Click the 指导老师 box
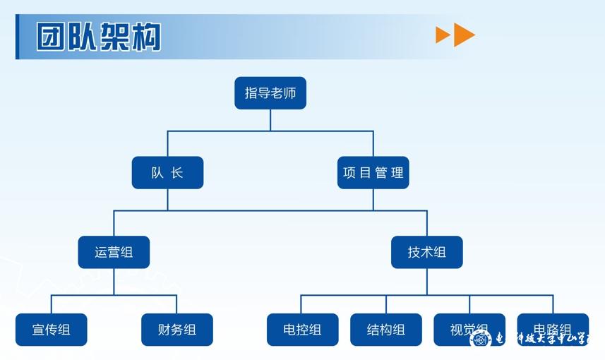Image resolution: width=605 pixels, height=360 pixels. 270,93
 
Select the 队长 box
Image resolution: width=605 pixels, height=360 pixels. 167,172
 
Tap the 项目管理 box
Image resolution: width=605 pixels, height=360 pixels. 373,172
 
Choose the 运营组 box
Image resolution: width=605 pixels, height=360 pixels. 114,252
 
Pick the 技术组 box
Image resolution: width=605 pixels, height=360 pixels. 426,252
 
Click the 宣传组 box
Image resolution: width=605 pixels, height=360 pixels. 51,330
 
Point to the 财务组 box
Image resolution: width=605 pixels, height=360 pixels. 176,330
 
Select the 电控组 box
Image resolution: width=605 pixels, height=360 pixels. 302,330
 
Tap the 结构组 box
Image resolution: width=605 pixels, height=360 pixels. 385,330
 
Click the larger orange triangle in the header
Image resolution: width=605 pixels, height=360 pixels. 464,35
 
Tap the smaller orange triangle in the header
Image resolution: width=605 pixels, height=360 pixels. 443,35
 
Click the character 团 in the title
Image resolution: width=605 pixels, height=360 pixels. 52,37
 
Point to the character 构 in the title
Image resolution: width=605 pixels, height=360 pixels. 146,37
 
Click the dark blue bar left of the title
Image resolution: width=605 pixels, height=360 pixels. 18,37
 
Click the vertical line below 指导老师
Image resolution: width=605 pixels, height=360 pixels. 270,120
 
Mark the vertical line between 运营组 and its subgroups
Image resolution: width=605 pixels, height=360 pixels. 114,282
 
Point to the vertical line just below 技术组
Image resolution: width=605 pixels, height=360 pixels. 426,282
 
